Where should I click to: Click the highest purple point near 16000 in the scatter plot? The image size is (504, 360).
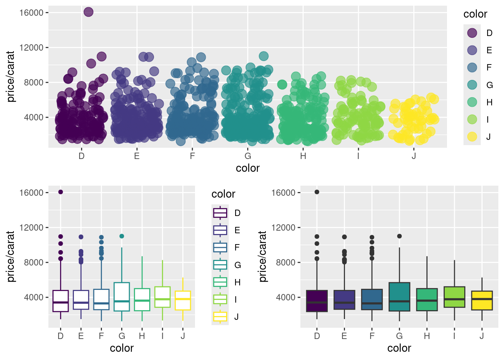pyautogui.click(x=88, y=12)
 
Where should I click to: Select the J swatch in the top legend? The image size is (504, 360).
pyautogui.click(x=472, y=136)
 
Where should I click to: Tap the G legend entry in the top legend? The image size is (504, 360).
pyautogui.click(x=472, y=85)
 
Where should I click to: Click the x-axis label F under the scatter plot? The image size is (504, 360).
pyautogui.click(x=192, y=156)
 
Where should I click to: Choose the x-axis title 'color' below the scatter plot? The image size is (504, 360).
pyautogui.click(x=247, y=168)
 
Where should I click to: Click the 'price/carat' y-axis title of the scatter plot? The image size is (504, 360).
pyautogui.click(x=10, y=76)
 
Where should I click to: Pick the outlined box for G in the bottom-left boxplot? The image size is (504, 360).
pyautogui.click(x=121, y=297)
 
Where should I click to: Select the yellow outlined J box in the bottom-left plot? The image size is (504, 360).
pyautogui.click(x=183, y=300)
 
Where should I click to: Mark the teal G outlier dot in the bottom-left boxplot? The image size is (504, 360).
pyautogui.click(x=121, y=236)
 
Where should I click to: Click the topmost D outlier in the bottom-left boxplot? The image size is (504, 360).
pyautogui.click(x=60, y=192)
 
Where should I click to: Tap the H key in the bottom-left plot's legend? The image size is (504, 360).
pyautogui.click(x=220, y=282)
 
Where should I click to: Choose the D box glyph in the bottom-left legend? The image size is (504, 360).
pyautogui.click(x=220, y=213)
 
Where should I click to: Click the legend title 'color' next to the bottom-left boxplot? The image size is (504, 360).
pyautogui.click(x=223, y=194)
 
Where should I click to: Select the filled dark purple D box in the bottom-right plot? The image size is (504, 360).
pyautogui.click(x=317, y=301)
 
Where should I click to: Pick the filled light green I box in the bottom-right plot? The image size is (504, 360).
pyautogui.click(x=454, y=297)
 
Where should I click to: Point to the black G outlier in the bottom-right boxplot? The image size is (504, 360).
pyautogui.click(x=399, y=236)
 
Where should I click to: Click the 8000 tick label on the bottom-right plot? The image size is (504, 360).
pyautogui.click(x=286, y=262)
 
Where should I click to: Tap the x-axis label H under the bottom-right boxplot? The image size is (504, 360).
pyautogui.click(x=427, y=336)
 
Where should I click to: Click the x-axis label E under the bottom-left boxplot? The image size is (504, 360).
pyautogui.click(x=81, y=336)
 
